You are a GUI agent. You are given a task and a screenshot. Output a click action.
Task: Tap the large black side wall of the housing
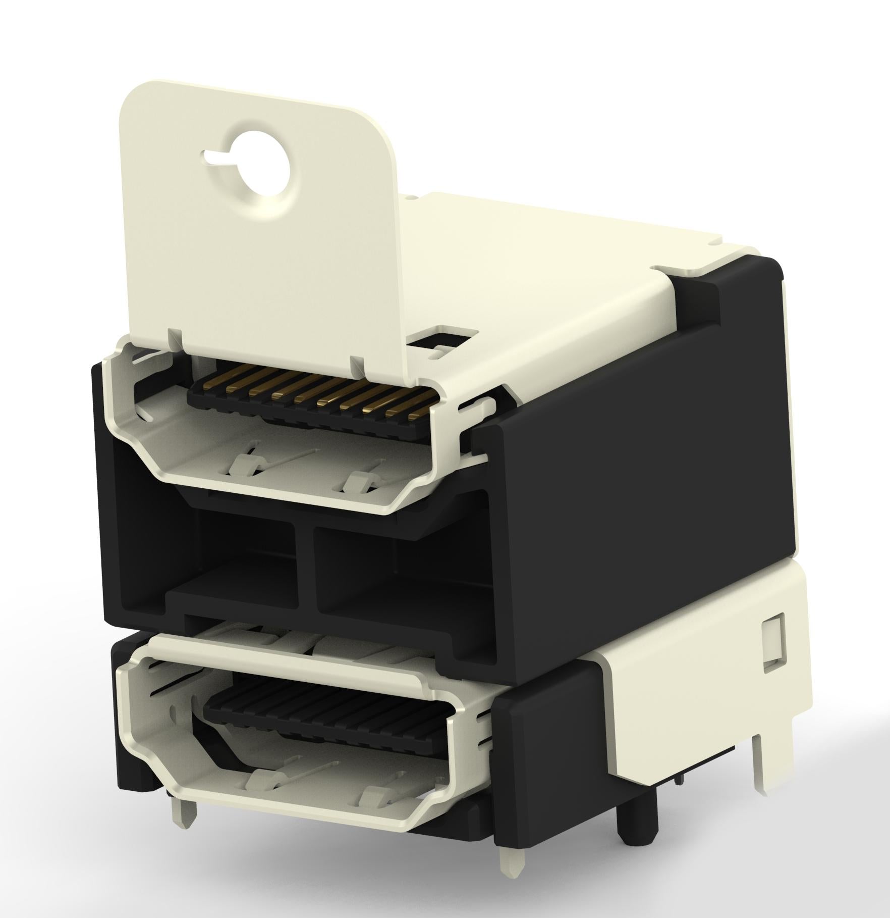[x=656, y=439]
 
